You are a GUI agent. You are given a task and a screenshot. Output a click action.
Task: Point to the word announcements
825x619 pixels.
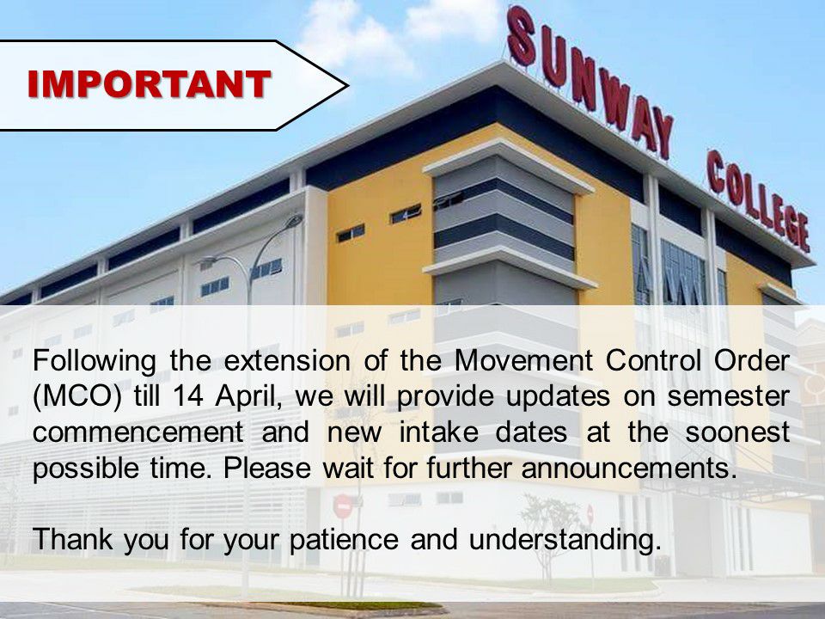[x=632, y=469]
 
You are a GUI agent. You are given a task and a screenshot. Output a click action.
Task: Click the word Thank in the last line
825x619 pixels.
[x=72, y=540]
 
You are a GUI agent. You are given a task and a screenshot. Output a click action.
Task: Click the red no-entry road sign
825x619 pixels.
[x=343, y=506]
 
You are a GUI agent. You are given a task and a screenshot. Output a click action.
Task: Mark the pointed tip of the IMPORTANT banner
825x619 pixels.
[x=345, y=84]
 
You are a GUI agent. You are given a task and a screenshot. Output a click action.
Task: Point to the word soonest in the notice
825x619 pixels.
[x=738, y=433]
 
